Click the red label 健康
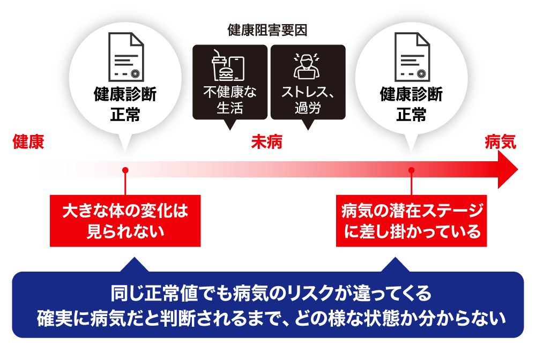pos(28,143)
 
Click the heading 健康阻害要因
pos(267,30)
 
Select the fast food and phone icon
pos(228,65)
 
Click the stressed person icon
pos(306,65)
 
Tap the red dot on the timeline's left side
pos(125,170)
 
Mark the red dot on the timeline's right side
pos(411,170)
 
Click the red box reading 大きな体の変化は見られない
pos(125,221)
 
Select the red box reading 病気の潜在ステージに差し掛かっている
pos(411,221)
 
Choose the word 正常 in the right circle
pos(411,114)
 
